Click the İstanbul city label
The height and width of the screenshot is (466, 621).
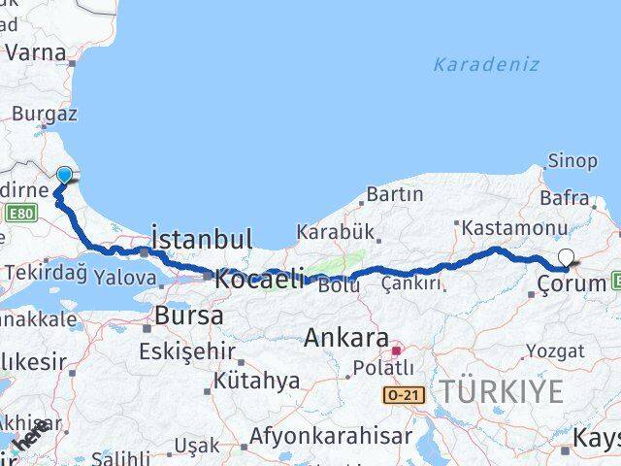tap(202, 239)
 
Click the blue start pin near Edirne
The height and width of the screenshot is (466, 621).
tap(64, 176)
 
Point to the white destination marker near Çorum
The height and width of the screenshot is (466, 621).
tap(566, 258)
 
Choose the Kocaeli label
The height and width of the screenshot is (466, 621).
tap(259, 278)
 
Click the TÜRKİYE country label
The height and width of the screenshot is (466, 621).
tap(502, 392)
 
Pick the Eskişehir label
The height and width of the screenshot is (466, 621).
tap(186, 349)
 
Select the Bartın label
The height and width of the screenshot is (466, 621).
tap(394, 194)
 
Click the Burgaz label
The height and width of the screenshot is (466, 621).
tap(44, 114)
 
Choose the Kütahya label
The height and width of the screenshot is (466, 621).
tap(256, 381)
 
